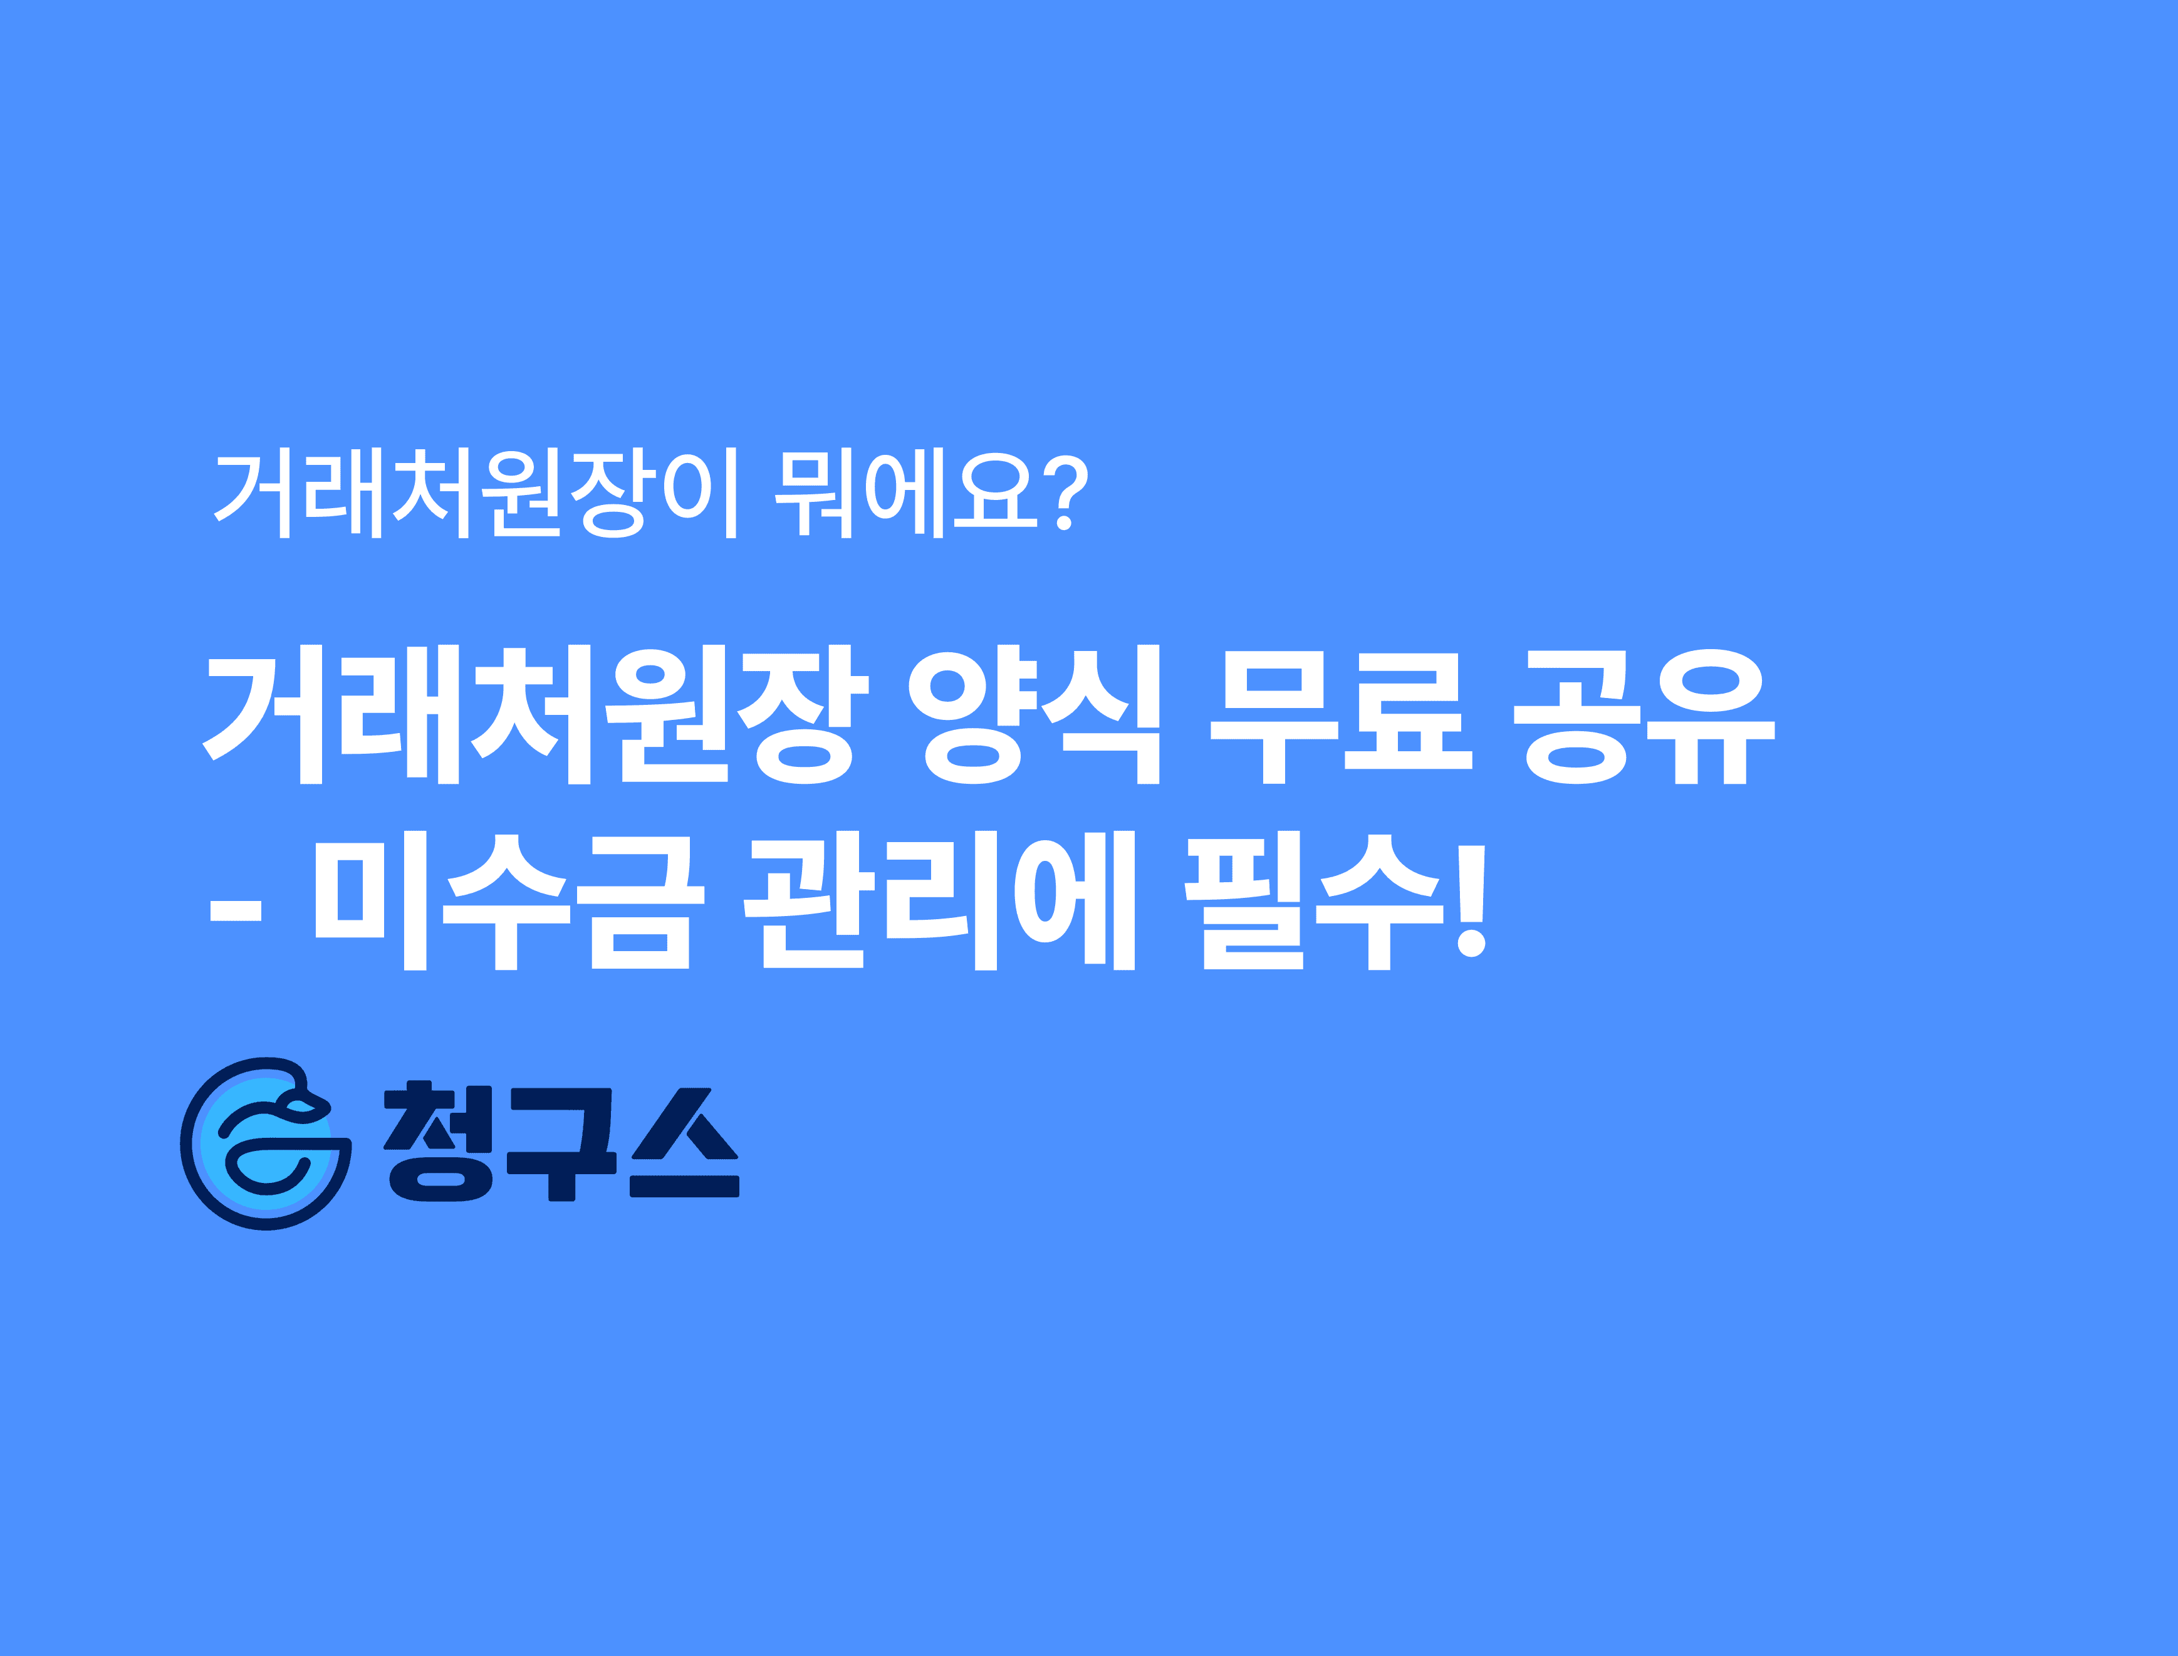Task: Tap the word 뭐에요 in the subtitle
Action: pyautogui.click(x=905, y=493)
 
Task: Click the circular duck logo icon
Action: pyautogui.click(x=265, y=1143)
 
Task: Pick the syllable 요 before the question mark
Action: pyautogui.click(x=996, y=493)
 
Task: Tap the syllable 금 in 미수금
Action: pyautogui.click(x=640, y=901)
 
